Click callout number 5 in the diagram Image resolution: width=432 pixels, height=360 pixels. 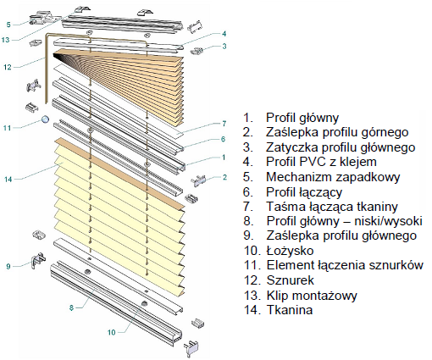[x=8, y=25]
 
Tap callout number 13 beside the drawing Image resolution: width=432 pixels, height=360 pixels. [x=5, y=40]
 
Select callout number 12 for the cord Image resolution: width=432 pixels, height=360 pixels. [x=8, y=67]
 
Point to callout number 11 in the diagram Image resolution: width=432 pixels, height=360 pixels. [x=7, y=128]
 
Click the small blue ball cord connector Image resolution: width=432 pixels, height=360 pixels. [x=45, y=119]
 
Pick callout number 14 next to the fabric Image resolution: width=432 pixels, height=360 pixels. [x=8, y=179]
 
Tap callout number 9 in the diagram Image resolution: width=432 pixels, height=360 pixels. [x=8, y=266]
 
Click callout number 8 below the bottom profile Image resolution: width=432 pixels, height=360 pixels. [x=71, y=307]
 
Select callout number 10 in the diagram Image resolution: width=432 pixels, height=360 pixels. [x=112, y=332]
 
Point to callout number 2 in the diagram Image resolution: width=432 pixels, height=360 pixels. [x=224, y=177]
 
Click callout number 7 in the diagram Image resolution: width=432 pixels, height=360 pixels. [x=224, y=124]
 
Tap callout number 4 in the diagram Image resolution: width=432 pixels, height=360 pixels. [x=224, y=34]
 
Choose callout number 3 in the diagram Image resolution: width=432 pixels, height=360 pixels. [x=224, y=46]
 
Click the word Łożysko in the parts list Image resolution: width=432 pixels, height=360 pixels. [x=290, y=251]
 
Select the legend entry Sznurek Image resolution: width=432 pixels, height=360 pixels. [x=291, y=280]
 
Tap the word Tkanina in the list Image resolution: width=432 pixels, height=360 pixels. [x=290, y=310]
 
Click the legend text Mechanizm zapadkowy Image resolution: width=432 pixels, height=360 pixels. [x=333, y=177]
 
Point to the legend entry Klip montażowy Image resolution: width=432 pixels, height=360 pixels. [x=312, y=296]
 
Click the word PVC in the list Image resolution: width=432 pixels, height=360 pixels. [x=308, y=162]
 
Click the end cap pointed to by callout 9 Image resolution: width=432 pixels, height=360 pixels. [x=38, y=260]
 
